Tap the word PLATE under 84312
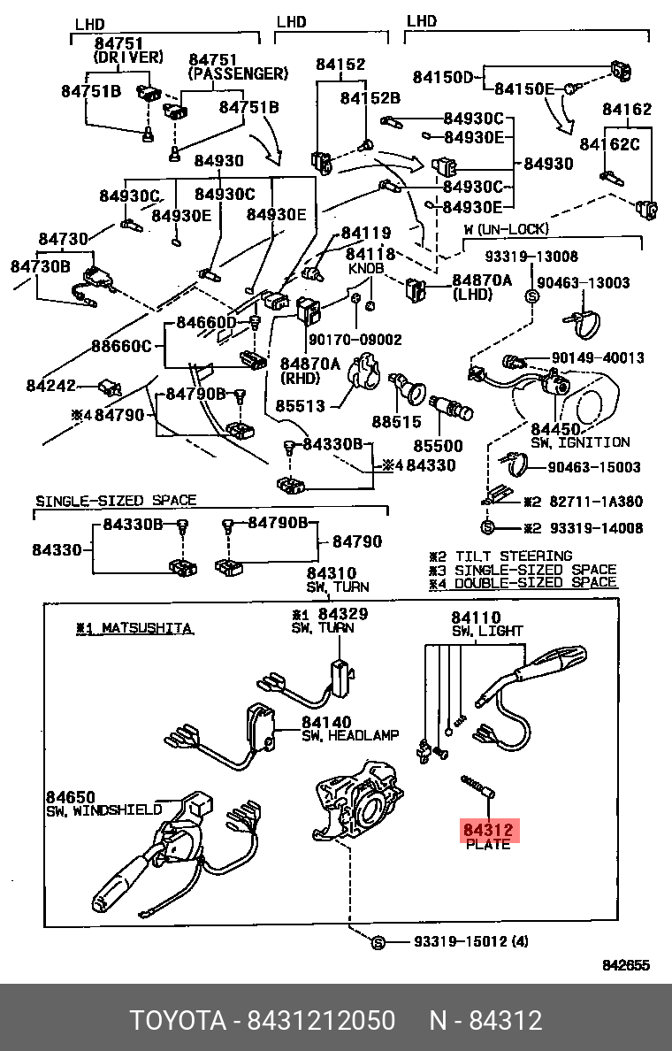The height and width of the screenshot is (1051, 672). pyautogui.click(x=488, y=845)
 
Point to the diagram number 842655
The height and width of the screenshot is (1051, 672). pyautogui.click(x=626, y=965)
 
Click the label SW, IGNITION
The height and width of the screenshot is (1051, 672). pyautogui.click(x=580, y=441)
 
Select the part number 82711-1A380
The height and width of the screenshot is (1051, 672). pyautogui.click(x=596, y=502)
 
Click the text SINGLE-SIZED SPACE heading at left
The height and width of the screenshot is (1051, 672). pyautogui.click(x=116, y=501)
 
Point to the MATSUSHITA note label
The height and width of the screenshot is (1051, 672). pyautogui.click(x=134, y=628)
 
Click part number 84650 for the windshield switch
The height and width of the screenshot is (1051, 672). pyautogui.click(x=71, y=796)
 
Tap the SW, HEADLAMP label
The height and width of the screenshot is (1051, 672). pyautogui.click(x=350, y=735)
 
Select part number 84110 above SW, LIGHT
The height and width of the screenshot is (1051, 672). pyautogui.click(x=476, y=618)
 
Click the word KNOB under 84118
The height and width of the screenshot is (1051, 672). pyautogui.click(x=366, y=267)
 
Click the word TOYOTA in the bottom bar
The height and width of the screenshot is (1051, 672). pyautogui.click(x=178, y=1020)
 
